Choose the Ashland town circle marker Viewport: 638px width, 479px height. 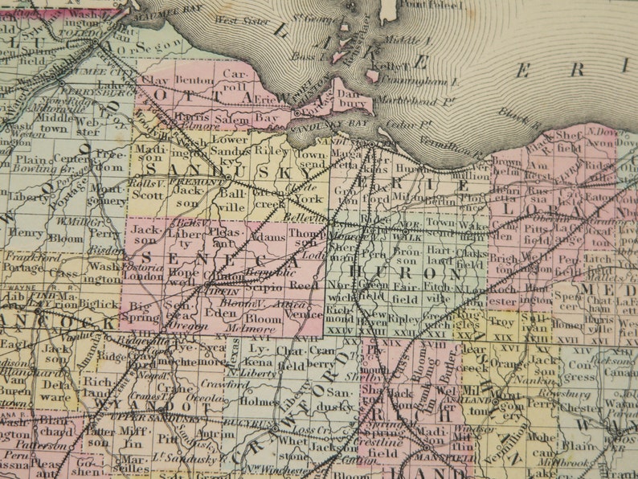(x=497, y=400)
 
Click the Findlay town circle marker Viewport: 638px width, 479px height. (x=38, y=296)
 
